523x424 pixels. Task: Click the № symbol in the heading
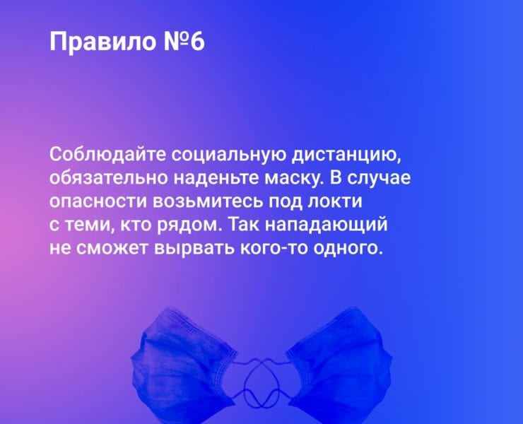pyautogui.click(x=177, y=42)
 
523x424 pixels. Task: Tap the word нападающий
pyautogui.click(x=327, y=224)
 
